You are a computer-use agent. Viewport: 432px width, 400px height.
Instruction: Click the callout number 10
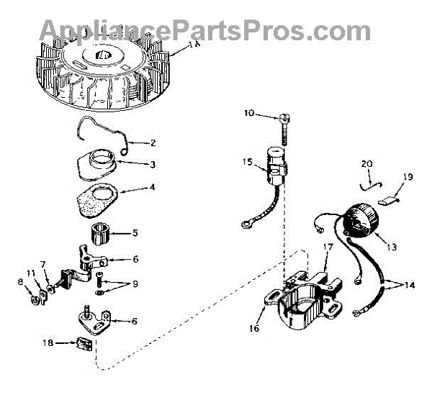[248, 114]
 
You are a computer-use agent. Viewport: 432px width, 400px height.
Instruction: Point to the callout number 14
[410, 286]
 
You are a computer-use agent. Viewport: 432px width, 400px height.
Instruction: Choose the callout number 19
[408, 176]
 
